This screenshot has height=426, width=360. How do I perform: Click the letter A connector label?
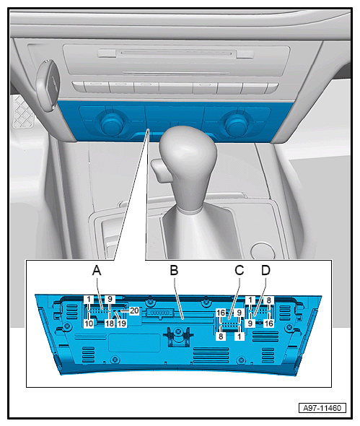pyautogui.click(x=97, y=270)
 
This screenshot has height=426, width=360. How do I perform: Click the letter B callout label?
pyautogui.click(x=174, y=270)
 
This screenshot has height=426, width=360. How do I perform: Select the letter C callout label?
pyautogui.click(x=240, y=270)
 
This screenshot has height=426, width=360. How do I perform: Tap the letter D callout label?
pyautogui.click(x=265, y=270)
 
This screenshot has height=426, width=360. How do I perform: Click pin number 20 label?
pyautogui.click(x=134, y=310)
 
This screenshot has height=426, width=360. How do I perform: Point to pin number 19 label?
pyautogui.click(x=122, y=323)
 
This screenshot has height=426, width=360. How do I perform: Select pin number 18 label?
pyautogui.click(x=110, y=323)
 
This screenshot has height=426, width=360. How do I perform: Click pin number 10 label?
pyautogui.click(x=89, y=323)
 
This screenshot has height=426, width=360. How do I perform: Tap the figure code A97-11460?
pyautogui.click(x=322, y=408)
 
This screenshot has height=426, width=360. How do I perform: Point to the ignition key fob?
pyautogui.click(x=49, y=84)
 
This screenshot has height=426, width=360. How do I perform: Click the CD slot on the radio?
pyautogui.click(x=177, y=53)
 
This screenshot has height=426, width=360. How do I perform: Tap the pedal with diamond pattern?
pyautogui.click(x=23, y=112)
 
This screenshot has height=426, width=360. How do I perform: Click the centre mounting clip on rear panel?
pyautogui.click(x=177, y=336)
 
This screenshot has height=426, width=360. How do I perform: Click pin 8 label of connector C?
pyautogui.click(x=221, y=336)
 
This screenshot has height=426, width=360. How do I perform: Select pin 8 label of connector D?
pyautogui.click(x=268, y=300)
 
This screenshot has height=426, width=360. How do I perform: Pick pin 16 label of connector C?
pyautogui.click(x=221, y=313)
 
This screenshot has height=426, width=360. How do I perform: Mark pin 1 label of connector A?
pyautogui.click(x=89, y=300)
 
